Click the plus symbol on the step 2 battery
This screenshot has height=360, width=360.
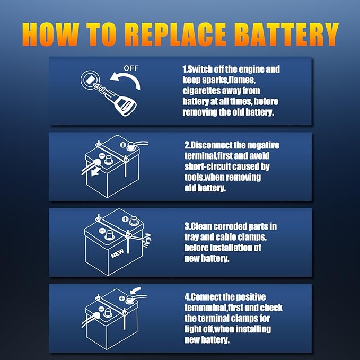coord(123,145)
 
